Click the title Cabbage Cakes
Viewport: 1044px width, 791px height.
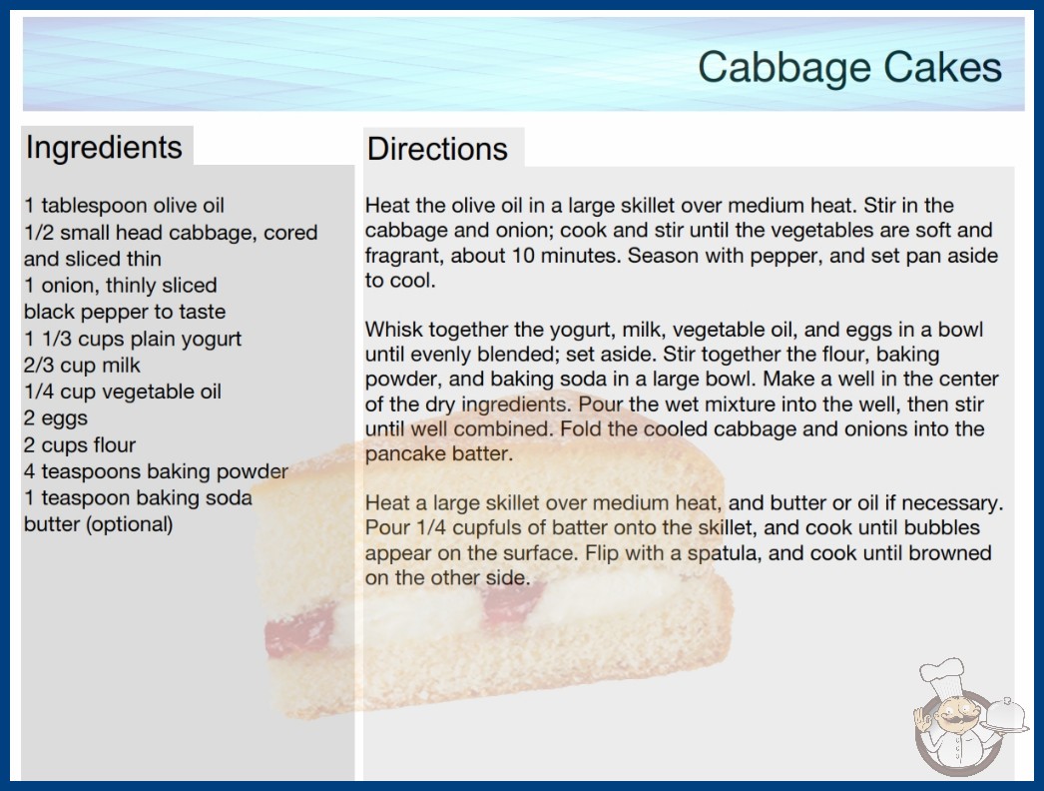click(849, 67)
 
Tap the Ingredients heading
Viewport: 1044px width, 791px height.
click(104, 148)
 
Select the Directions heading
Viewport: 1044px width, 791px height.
click(437, 149)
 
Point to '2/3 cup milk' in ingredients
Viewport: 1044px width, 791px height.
click(82, 366)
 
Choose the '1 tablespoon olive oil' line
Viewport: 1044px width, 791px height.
click(124, 206)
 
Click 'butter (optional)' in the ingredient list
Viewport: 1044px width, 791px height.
click(99, 524)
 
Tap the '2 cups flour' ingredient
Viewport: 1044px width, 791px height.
click(80, 444)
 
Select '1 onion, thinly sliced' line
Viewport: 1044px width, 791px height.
click(121, 286)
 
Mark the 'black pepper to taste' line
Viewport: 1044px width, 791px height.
click(125, 312)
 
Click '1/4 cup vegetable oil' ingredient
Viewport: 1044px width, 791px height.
click(123, 392)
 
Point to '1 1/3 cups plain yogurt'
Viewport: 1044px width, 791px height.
click(133, 339)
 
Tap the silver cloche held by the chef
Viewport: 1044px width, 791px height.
click(1006, 716)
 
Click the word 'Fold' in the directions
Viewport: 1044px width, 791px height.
click(580, 428)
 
